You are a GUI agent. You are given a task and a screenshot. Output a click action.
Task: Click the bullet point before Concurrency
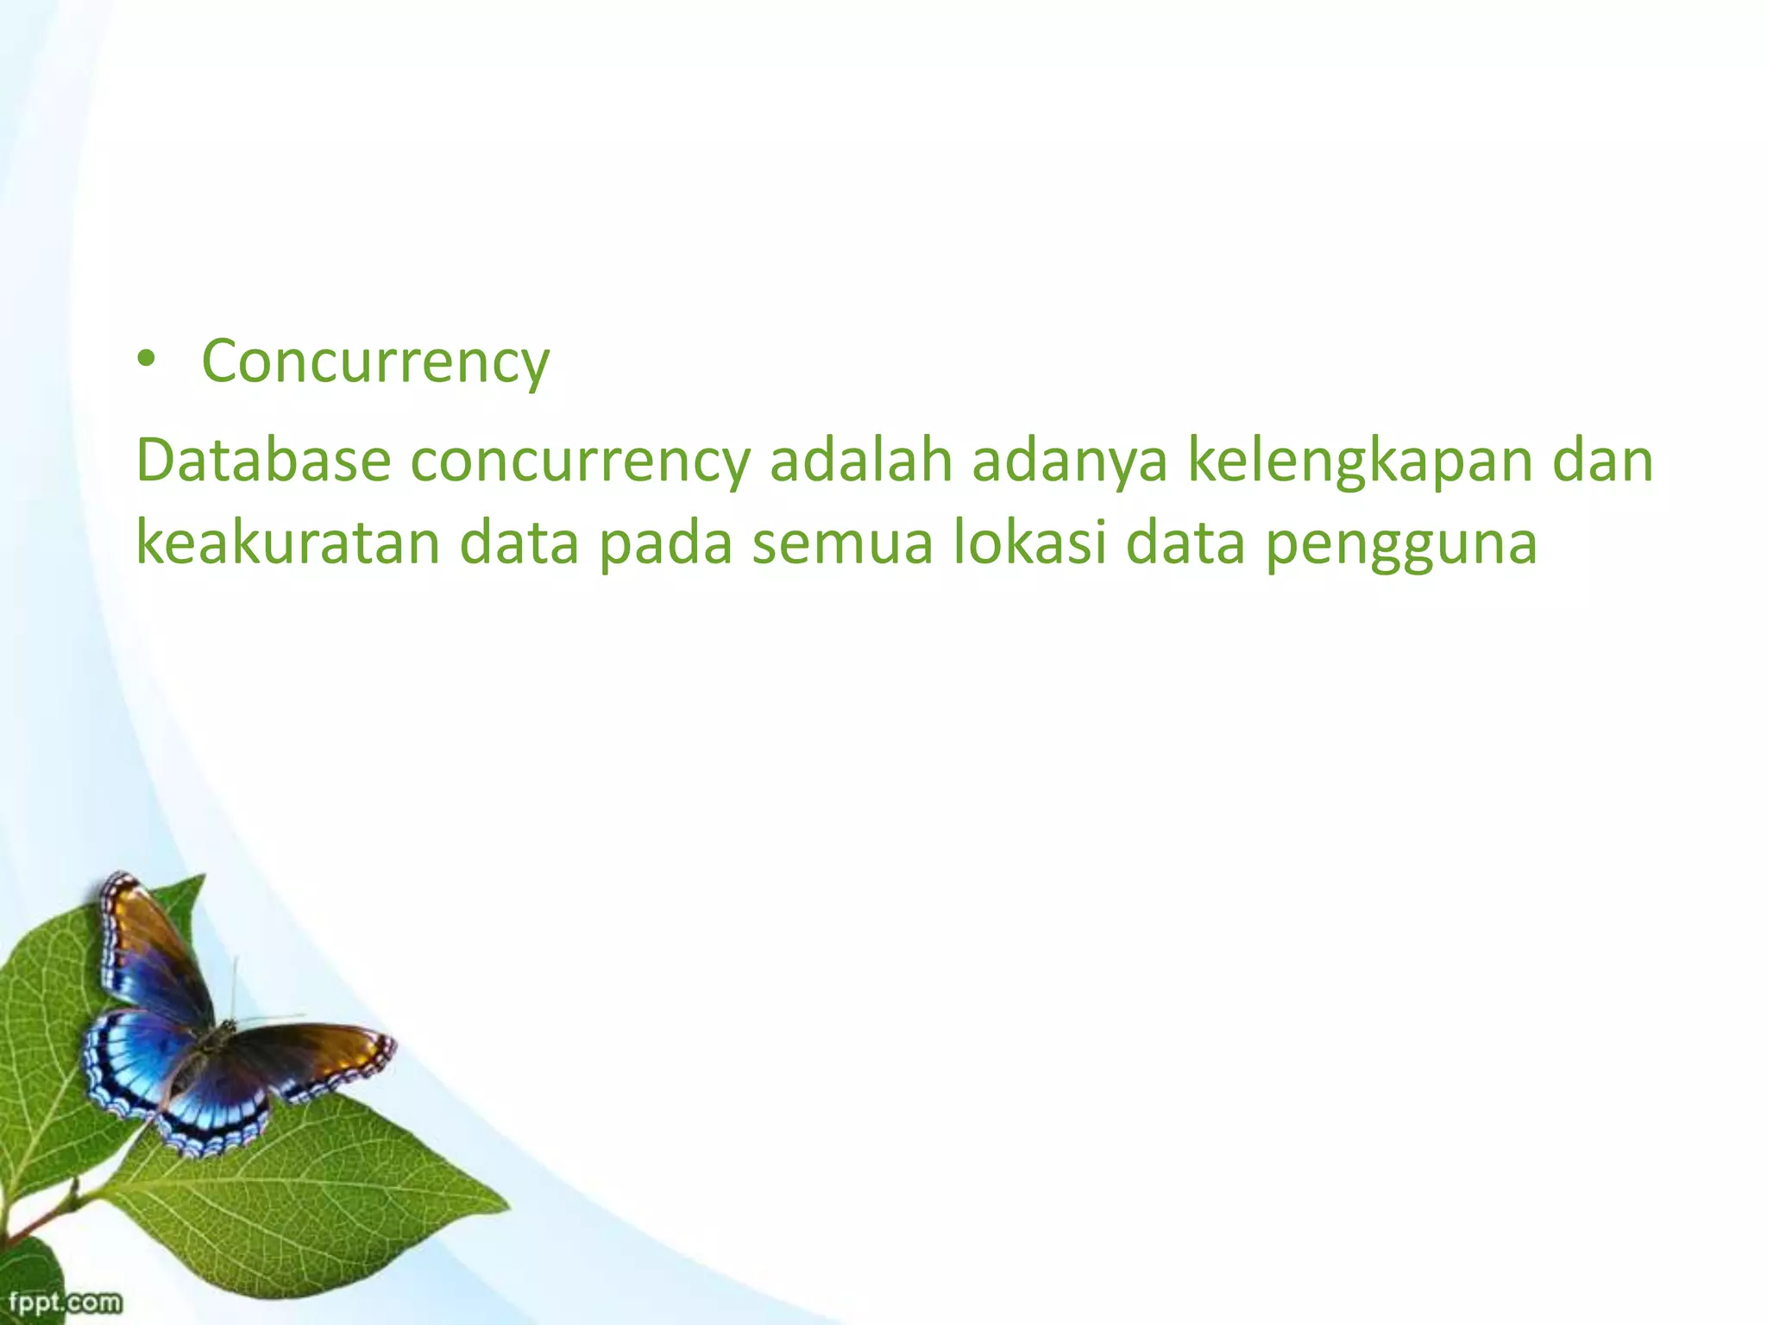[148, 361]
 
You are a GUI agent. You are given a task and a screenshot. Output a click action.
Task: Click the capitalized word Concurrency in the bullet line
[375, 362]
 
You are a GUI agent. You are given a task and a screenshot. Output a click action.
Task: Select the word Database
[264, 461]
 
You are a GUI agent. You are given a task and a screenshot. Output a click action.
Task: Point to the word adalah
[861, 461]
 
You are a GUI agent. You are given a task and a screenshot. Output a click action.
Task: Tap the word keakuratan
[288, 543]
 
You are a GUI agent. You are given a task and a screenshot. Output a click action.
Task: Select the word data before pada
[519, 543]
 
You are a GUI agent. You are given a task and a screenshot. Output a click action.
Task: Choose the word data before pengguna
[1185, 543]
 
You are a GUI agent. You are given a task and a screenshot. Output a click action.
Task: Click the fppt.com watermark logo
[65, 1302]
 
